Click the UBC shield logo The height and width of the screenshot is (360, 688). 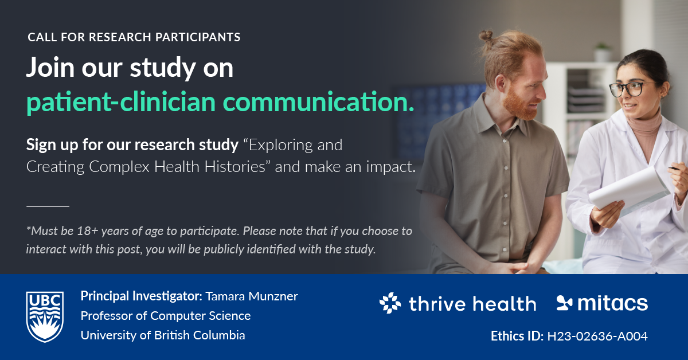pos(45,316)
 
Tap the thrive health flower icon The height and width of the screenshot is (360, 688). pos(390,303)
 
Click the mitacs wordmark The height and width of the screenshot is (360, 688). pos(612,303)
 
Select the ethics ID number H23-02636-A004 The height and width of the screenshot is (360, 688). pos(597,336)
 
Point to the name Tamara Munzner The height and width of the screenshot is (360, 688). pos(252,296)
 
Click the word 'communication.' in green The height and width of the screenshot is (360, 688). pos(319,101)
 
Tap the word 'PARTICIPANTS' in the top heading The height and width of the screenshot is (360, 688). pos(198,37)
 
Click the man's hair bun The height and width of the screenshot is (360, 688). pos(486,36)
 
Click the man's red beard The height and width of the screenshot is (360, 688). pos(519,104)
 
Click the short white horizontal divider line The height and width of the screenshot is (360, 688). pos(48,206)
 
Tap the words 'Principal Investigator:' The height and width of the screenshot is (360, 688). pos(141,296)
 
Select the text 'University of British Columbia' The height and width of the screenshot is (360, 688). pos(163,335)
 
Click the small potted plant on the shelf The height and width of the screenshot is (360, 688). pos(603,52)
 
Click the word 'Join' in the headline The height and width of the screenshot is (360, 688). pos(50,68)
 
